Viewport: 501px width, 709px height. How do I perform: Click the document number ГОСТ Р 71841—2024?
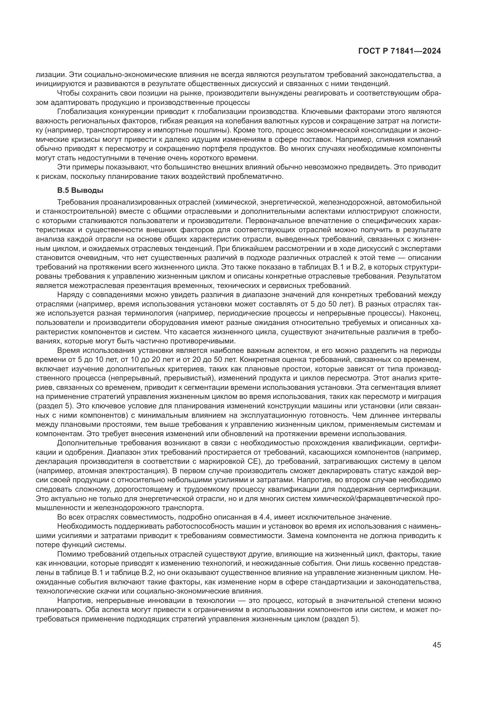point(400,51)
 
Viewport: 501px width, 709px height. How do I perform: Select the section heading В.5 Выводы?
point(80,191)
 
